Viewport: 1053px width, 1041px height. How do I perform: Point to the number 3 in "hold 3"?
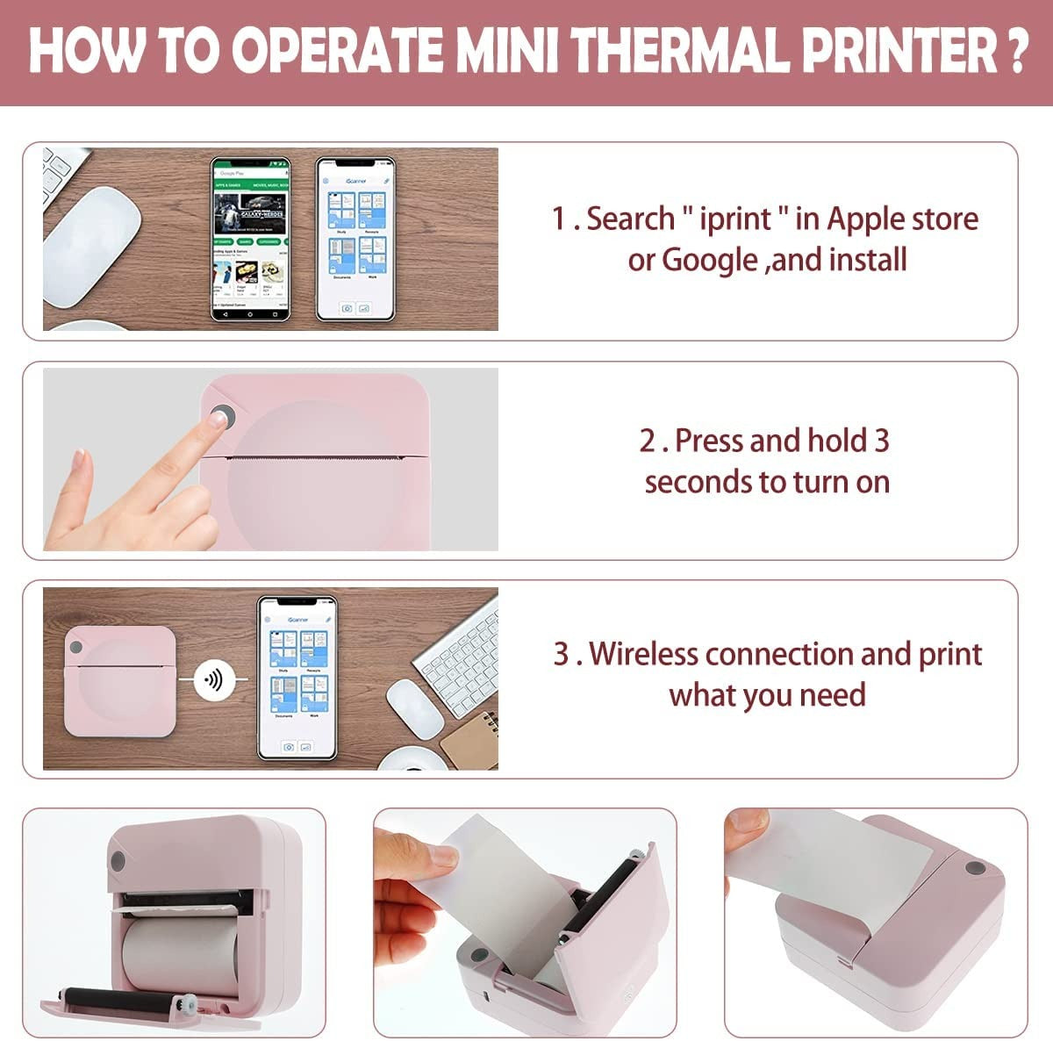pos(881,440)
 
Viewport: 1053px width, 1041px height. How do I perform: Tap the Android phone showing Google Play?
pos(250,239)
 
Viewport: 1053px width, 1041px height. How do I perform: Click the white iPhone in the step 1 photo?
pos(355,239)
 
